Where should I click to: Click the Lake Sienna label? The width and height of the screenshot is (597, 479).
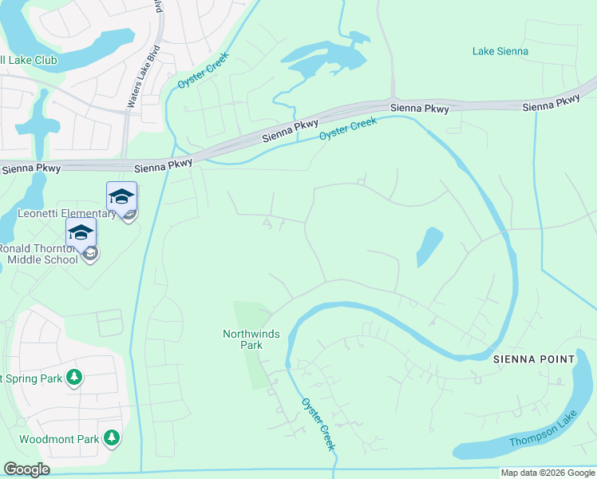pos(500,51)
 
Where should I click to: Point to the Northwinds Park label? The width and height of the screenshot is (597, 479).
pos(251,334)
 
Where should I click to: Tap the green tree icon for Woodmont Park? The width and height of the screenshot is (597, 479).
pos(113,437)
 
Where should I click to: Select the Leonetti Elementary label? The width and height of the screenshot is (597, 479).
pos(67,213)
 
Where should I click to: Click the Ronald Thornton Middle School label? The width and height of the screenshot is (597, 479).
pos(38,254)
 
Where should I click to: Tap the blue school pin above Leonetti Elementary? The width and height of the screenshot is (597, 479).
pos(121,196)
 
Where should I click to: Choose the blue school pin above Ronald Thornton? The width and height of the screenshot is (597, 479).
pos(81,232)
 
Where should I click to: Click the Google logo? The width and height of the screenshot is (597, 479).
pos(26,469)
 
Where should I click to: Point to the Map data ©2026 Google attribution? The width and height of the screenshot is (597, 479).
pos(548,473)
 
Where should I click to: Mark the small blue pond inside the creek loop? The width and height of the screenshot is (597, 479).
pos(429,247)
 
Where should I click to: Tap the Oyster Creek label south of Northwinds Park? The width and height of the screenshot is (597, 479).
pos(317,424)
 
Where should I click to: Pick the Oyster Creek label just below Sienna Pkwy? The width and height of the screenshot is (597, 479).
pos(348,129)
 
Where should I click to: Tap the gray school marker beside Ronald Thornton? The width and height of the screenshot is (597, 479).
pos(91,254)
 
